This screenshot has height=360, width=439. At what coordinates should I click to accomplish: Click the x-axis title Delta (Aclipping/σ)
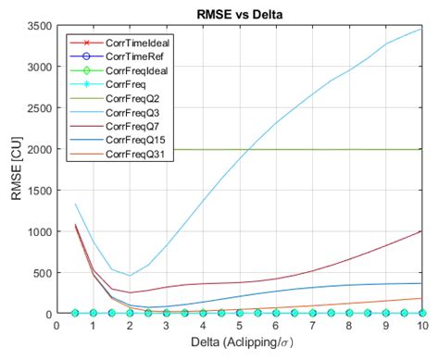pos(240,343)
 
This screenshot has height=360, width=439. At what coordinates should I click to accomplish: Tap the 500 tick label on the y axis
pos(42,273)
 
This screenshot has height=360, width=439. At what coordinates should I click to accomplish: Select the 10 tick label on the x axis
pos(422,326)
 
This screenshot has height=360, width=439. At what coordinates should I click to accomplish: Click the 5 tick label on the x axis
pos(240,326)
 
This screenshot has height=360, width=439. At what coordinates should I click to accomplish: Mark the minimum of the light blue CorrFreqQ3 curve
pos(130,275)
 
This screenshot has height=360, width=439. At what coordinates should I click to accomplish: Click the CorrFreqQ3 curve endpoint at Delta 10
pos(422,29)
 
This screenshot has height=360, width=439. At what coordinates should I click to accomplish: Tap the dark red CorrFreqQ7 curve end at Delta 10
pos(422,231)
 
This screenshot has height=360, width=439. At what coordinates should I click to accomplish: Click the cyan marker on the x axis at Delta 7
pos(313,314)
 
